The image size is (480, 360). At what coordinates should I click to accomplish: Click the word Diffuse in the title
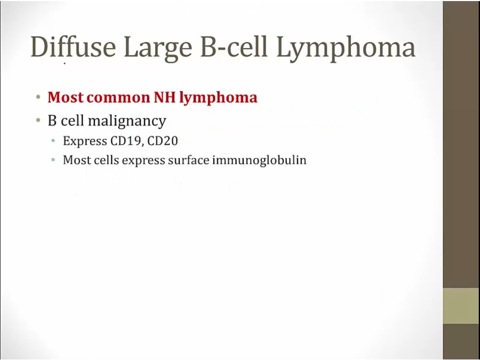(x=74, y=46)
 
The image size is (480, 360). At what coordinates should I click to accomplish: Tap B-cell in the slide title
(x=234, y=46)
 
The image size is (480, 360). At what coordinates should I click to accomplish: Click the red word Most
(x=66, y=98)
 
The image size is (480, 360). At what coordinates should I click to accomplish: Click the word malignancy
(x=127, y=121)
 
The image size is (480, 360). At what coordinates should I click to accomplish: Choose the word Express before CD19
(x=85, y=141)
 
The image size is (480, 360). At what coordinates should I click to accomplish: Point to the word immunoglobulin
(x=259, y=161)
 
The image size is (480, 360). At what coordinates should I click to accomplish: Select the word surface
(x=189, y=160)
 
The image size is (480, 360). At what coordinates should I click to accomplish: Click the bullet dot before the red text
(x=38, y=98)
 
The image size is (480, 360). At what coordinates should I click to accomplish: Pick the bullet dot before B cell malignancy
(x=38, y=121)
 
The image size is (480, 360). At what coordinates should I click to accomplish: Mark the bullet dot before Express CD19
(x=53, y=141)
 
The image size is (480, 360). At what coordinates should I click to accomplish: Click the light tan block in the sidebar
(x=461, y=306)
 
